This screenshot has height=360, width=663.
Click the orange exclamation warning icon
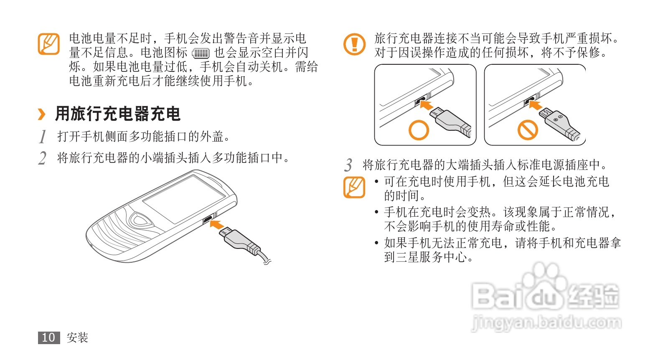[354, 44]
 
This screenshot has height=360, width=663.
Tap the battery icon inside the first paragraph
[201, 53]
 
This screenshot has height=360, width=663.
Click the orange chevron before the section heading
[42, 114]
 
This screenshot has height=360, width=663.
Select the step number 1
[43, 137]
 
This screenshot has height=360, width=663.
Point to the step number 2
[42, 158]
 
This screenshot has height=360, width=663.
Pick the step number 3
[348, 165]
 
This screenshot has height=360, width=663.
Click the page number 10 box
[49, 337]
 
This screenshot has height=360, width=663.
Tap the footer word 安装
[78, 337]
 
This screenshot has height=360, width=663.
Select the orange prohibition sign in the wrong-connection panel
[528, 129]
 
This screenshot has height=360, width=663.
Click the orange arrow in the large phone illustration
[216, 224]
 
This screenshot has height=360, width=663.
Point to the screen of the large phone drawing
[184, 199]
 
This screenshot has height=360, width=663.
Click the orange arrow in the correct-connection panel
[427, 104]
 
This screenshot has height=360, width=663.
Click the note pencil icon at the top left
[49, 44]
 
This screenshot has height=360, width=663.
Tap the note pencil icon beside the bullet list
[354, 187]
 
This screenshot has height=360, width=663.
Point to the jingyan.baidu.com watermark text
[546, 322]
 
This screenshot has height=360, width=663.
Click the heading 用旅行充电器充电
[118, 114]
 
